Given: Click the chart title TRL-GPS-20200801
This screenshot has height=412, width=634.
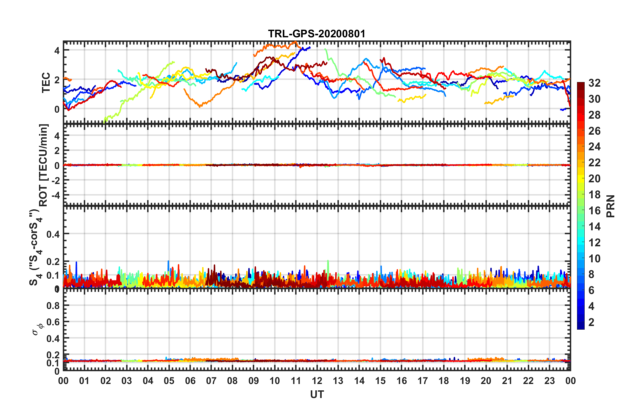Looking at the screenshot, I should (317, 34).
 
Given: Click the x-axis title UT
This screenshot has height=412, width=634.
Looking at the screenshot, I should (317, 395).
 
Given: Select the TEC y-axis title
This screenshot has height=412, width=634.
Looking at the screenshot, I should (46, 82).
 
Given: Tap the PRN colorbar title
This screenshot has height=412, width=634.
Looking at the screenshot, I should (611, 206).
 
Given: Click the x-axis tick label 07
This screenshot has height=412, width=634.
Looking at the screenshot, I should (211, 381).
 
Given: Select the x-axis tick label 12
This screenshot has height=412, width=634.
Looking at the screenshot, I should (317, 381).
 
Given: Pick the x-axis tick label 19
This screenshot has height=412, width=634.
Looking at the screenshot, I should (465, 381).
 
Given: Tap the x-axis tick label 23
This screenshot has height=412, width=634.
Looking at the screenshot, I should (549, 381).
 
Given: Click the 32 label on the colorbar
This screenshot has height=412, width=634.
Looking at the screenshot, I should (594, 83).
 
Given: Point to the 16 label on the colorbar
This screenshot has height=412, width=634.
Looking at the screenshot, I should (594, 211).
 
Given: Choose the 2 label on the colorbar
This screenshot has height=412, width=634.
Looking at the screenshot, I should (591, 322).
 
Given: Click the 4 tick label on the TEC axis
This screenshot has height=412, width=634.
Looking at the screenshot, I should (57, 51).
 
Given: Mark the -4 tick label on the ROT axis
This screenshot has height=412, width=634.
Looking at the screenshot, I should (55, 195).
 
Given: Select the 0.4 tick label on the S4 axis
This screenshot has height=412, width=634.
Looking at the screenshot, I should (53, 234).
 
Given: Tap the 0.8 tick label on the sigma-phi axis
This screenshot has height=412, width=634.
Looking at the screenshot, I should (53, 306).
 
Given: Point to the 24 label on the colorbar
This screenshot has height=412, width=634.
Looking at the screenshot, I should (594, 147).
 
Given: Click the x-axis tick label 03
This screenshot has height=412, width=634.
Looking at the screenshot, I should (127, 381).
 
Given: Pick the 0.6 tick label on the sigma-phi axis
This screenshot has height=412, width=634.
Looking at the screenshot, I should (53, 322).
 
